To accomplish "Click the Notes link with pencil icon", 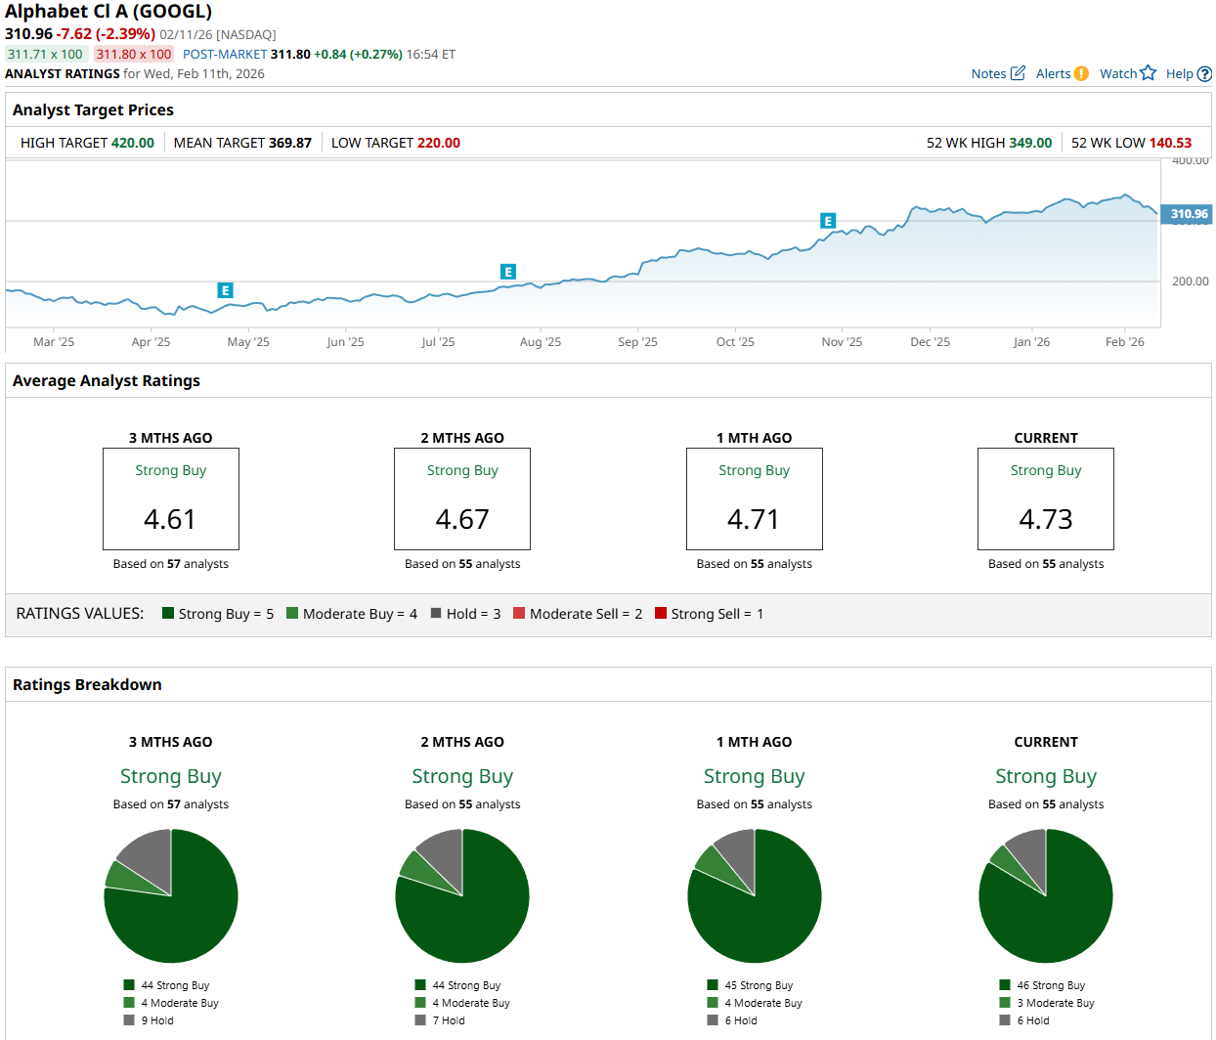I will pos(997,73).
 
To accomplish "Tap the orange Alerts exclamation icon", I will pos(1081,73).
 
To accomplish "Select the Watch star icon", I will pos(1148,73).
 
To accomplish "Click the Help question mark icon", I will pos(1204,74).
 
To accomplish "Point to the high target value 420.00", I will pos(133,143).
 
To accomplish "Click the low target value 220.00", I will pos(439,143).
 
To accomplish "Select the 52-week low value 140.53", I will pos(1170,143).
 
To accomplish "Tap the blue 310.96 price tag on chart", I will pos(1188,214).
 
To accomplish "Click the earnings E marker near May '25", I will pos(225,290).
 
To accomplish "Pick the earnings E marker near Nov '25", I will pos(828,221).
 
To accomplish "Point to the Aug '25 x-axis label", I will pos(541,342).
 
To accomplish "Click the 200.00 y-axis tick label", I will pos(1190,282).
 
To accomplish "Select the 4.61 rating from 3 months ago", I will pos(170,519).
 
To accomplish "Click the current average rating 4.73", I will pos(1046,519).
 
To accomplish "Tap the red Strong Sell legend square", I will pos(661,614).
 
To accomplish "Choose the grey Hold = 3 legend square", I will pos(436,614).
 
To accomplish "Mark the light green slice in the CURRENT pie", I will pos(1005,859).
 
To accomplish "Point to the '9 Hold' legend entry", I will pos(156,1020).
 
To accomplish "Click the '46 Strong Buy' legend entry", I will pos(1050,985).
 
